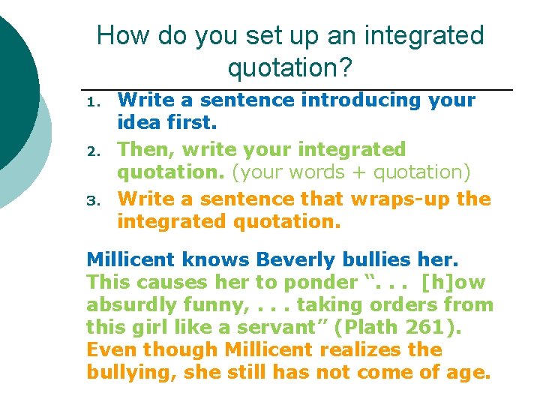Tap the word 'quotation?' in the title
tap(289, 68)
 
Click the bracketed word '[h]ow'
tap(454, 282)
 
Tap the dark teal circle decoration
tap(11, 82)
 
